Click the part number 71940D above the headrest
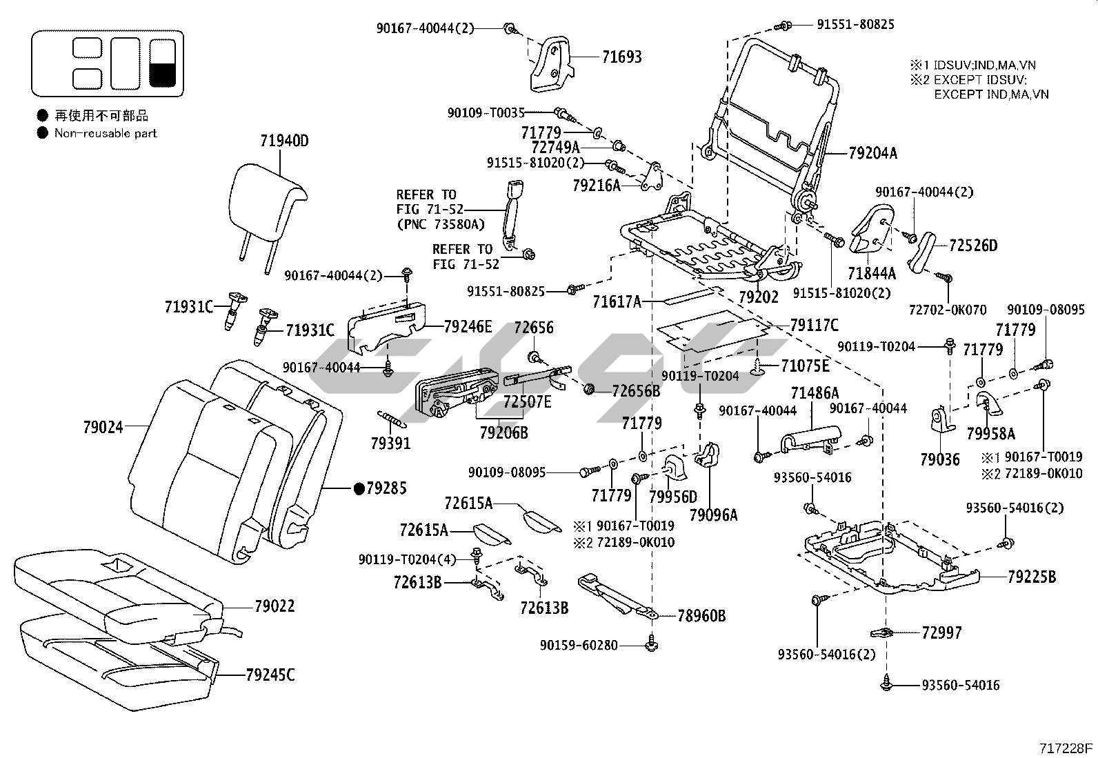284,141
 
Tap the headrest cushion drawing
265,197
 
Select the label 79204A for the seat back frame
872,153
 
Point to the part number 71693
621,57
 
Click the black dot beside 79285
358,488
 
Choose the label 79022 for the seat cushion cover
274,606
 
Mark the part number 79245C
270,675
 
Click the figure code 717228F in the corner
1066,748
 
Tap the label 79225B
1031,577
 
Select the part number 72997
941,632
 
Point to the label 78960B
701,615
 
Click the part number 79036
939,459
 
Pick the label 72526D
973,246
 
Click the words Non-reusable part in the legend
106,133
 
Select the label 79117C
814,324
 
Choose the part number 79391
390,443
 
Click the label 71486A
815,393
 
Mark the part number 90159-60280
579,646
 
